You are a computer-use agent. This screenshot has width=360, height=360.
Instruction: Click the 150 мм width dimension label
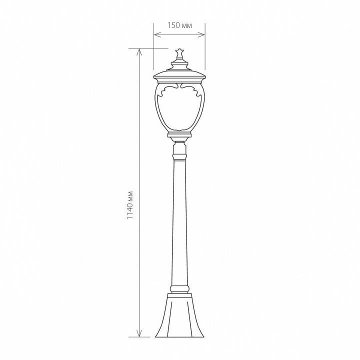pyautogui.click(x=179, y=25)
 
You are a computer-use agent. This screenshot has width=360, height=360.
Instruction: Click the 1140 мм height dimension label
pyautogui.click(x=130, y=205)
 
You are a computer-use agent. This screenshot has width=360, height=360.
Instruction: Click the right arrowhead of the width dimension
pyautogui.click(x=202, y=34)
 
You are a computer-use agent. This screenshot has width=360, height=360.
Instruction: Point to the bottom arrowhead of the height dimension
pyautogui.click(x=139, y=333)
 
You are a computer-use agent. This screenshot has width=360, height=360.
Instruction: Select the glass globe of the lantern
pyautogui.click(x=179, y=107)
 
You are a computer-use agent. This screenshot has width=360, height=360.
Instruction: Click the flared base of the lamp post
pyautogui.click(x=179, y=315)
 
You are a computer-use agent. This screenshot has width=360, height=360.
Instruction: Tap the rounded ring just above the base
pyautogui.click(x=180, y=288)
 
